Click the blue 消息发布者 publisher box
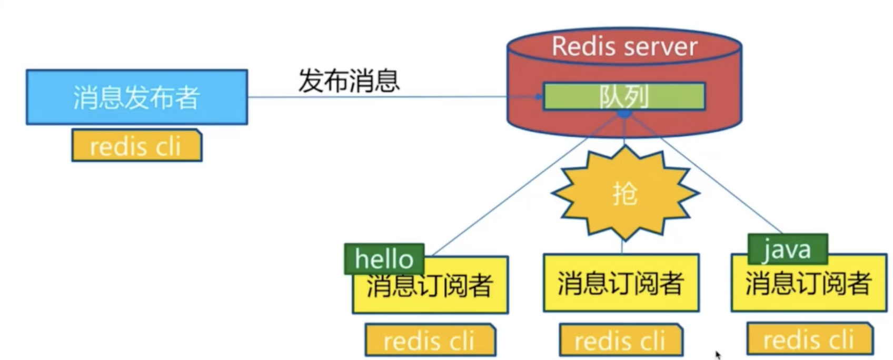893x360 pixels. point(137,97)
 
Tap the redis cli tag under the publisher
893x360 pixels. point(136,146)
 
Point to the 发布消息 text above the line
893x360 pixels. point(349,81)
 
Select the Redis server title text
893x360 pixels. point(624,46)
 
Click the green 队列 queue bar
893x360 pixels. point(624,96)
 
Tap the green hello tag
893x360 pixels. point(384,258)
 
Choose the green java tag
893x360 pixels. point(787,249)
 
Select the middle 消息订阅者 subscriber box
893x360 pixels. point(621,283)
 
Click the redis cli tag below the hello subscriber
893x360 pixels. point(430,341)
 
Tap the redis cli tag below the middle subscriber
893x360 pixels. point(620,341)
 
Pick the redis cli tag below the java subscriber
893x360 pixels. point(809,339)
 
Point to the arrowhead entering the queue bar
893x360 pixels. point(539,97)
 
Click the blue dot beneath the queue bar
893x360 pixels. point(624,114)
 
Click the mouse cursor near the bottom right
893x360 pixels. point(718,355)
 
